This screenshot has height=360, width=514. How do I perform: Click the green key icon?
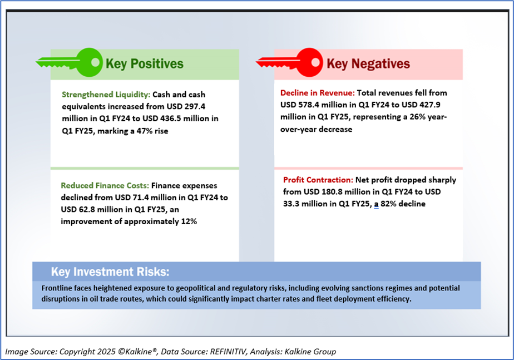coord(70,62)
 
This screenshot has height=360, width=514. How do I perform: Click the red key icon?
coord(289,62)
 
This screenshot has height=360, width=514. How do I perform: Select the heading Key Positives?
coord(145,63)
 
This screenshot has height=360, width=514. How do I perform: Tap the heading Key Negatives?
coord(368,63)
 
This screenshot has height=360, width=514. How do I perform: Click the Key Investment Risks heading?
coord(110,272)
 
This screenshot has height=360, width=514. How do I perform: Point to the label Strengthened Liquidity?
coord(106,95)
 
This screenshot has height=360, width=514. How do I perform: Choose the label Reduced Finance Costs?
coord(105,186)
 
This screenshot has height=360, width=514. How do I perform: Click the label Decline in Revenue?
coord(317,93)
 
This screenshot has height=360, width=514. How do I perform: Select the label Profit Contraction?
coord(318,180)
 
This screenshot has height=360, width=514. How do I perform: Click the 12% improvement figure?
coord(189,221)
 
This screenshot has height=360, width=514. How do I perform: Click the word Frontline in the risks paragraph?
coord(56,288)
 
